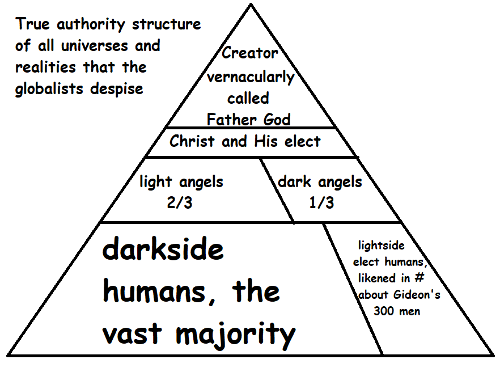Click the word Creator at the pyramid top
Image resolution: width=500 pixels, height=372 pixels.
249,53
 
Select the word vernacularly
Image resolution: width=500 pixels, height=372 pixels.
249,77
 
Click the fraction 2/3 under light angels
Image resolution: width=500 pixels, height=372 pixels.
181,202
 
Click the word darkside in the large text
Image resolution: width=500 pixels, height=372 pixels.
163,250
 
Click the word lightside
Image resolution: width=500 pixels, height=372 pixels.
381,246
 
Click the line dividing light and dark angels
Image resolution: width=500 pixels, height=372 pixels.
277,190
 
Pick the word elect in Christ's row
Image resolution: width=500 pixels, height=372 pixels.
302,141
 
